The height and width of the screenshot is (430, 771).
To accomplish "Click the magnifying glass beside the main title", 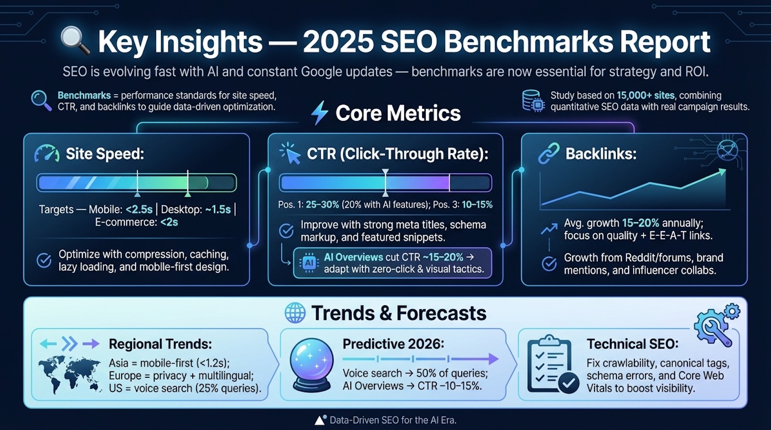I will pos(75,41).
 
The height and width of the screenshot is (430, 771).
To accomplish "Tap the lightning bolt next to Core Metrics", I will pos(320,113).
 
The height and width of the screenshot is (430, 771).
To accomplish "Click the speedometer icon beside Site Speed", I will pos(47,154).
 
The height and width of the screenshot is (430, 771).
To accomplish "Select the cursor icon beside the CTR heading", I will pos(290,153).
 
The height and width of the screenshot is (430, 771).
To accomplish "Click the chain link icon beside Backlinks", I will pos(549,154).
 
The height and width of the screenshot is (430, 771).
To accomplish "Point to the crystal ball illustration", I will pos(311,364).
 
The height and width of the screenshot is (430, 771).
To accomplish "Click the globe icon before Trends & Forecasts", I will pos(295,313).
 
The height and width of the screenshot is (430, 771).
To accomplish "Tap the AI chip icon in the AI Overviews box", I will pos(309,263).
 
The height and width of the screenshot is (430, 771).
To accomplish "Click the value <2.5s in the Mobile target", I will pos(139,209).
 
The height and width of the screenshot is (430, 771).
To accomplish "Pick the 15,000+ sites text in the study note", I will pos(645,96).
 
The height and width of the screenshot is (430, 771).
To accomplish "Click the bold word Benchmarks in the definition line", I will pos(84,96).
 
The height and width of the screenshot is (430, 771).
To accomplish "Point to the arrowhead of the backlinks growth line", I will pos(722,172).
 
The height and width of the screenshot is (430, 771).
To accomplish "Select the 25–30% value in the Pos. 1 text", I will pos(322,205).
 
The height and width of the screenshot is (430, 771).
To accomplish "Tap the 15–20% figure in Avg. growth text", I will pos(640,223).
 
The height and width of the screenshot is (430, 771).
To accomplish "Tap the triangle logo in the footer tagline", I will pos(320,420).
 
